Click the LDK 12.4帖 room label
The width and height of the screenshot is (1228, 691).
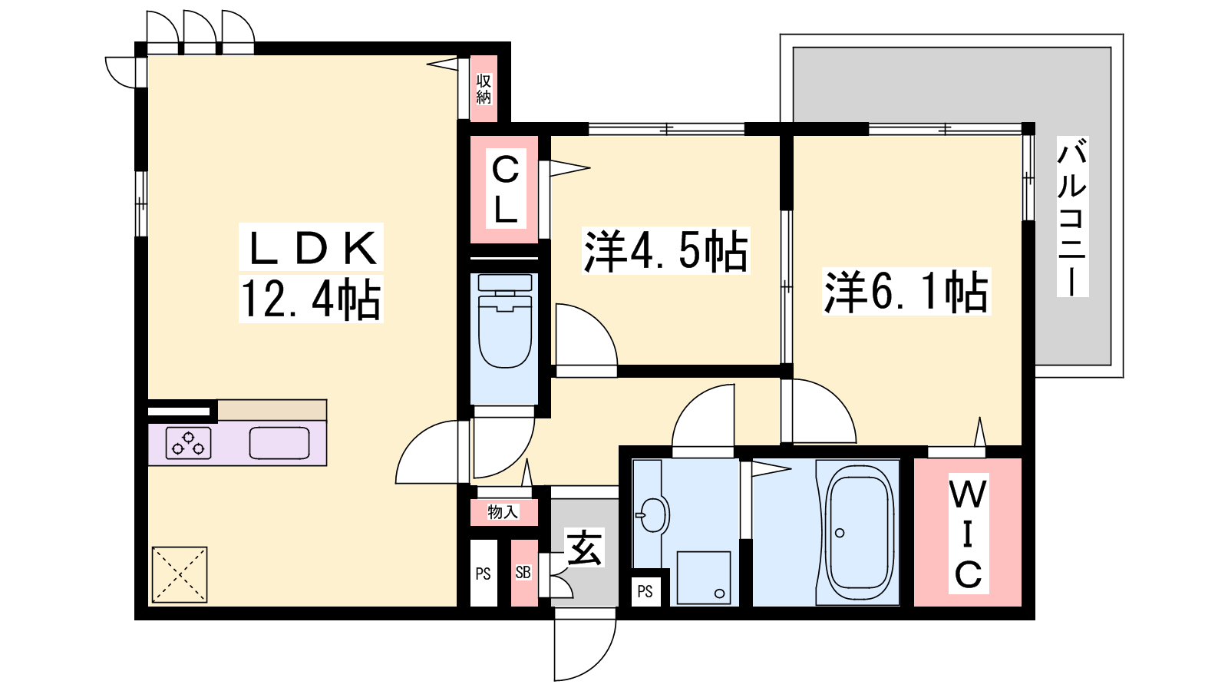(310, 273)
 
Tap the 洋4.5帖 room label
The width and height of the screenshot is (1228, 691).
(665, 250)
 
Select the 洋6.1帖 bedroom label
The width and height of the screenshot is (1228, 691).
(906, 291)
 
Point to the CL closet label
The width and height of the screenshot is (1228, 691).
(506, 188)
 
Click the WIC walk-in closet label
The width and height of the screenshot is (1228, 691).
(968, 534)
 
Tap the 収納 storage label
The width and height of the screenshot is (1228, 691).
(484, 89)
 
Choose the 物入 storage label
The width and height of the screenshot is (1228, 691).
(503, 512)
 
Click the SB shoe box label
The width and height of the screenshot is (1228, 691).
(523, 573)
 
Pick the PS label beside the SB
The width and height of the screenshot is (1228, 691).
(483, 574)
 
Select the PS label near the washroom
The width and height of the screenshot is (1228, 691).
(645, 591)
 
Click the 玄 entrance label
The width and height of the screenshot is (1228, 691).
(585, 547)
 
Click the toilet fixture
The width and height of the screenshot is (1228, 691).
(505, 321)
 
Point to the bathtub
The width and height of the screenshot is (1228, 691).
(859, 533)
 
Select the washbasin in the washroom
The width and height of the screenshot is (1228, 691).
(652, 514)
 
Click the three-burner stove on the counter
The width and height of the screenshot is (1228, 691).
(189, 442)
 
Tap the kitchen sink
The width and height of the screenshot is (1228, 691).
(279, 442)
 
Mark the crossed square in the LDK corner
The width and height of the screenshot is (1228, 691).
(180, 574)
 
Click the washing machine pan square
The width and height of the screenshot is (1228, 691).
(704, 578)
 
